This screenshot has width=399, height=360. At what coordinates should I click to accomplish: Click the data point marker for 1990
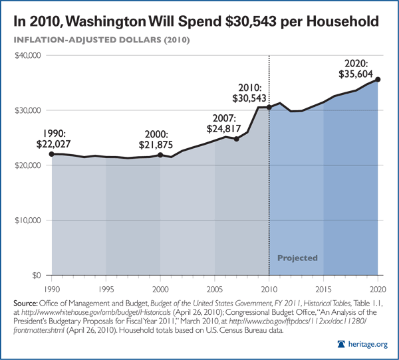click(x=51, y=153)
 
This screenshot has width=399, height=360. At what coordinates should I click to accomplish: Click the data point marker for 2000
click(x=160, y=155)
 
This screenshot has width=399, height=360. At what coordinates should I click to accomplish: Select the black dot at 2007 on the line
click(x=237, y=139)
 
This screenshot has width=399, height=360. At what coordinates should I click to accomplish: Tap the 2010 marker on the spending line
click(x=269, y=107)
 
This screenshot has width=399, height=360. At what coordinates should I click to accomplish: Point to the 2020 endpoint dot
click(x=378, y=80)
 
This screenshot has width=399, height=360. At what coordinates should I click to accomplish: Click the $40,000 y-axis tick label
click(x=29, y=56)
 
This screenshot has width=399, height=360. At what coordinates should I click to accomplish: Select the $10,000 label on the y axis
click(x=29, y=221)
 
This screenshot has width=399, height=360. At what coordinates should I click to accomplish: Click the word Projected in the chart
click(x=297, y=258)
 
